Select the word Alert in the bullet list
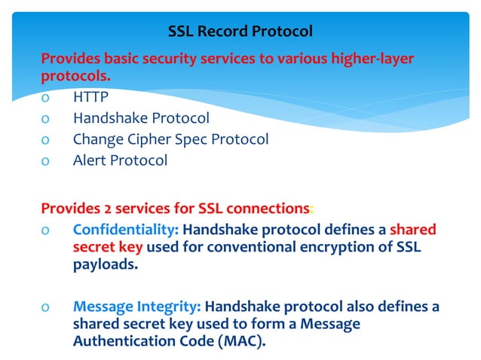tap(90, 160)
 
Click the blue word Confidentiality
tap(124, 230)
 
